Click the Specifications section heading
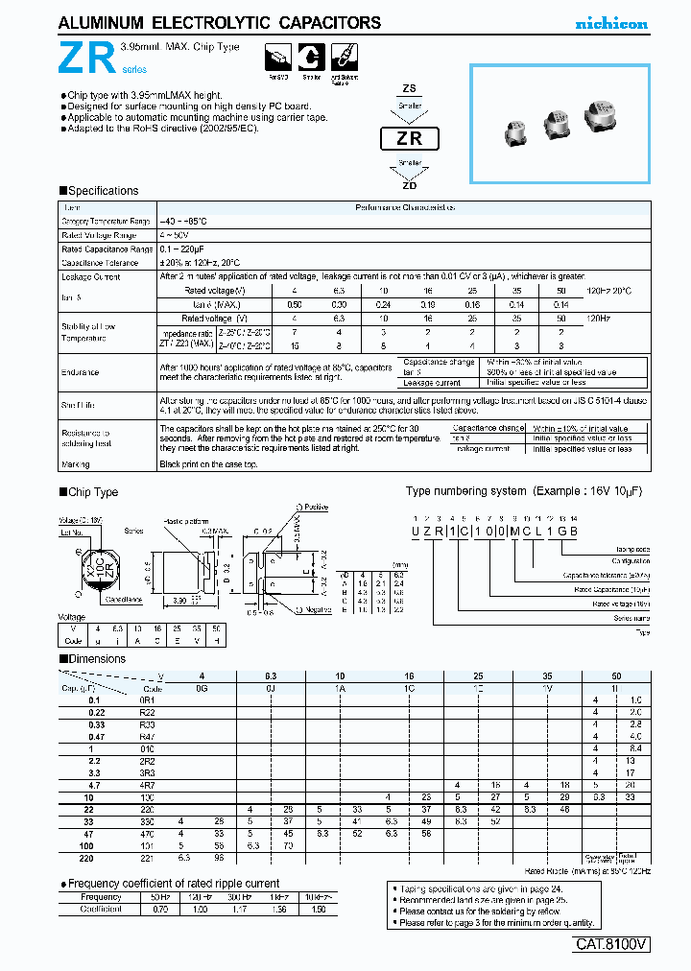point(101,191)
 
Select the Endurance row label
point(81,372)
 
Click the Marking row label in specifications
point(77,464)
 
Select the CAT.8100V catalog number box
point(611,944)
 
